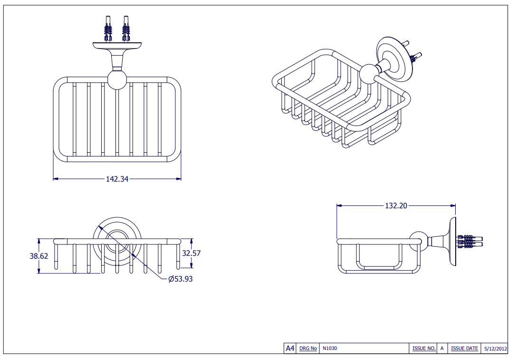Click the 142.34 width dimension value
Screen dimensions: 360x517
(x=117, y=179)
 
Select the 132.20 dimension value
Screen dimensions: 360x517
(x=396, y=206)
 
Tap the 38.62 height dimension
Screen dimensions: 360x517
(x=39, y=256)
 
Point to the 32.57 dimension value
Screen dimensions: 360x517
(x=191, y=253)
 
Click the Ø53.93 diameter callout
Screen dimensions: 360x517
(x=181, y=279)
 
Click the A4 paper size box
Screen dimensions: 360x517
(x=289, y=349)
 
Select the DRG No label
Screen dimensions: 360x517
(x=308, y=349)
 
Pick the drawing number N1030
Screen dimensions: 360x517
(x=330, y=349)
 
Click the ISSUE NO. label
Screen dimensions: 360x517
(x=424, y=349)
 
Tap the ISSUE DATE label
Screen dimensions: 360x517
(x=464, y=349)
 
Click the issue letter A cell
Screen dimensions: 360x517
(x=442, y=349)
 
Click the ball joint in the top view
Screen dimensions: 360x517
(x=117, y=80)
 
